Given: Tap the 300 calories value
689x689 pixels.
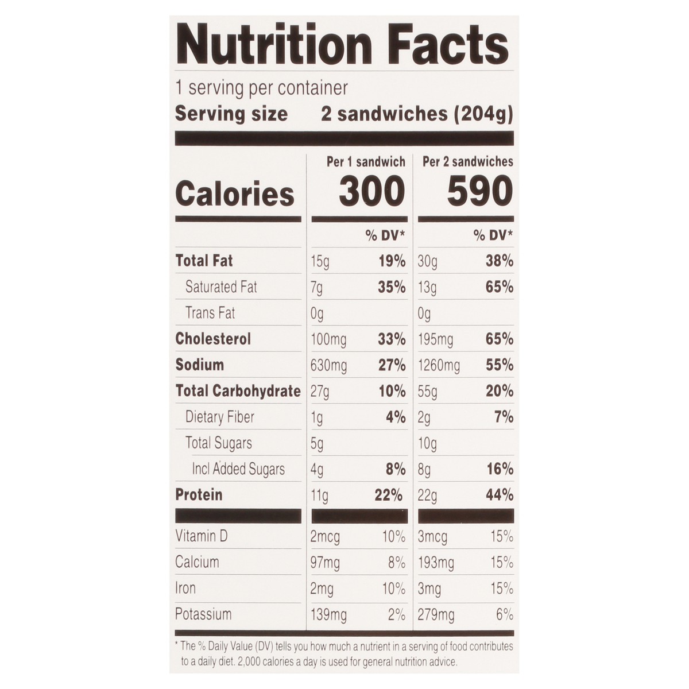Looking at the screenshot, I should click(371, 192).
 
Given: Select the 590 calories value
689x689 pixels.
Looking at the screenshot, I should click(479, 192).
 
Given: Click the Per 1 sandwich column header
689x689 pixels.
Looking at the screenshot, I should click(366, 162).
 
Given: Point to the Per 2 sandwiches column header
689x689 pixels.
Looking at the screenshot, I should click(467, 162).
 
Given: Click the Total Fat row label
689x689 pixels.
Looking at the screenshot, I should click(204, 261).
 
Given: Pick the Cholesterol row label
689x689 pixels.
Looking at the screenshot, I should click(213, 339).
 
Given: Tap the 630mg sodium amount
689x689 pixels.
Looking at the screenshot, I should click(328, 365).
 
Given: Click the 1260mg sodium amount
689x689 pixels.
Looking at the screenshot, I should click(439, 365).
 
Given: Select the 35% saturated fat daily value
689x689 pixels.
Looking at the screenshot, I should click(392, 287).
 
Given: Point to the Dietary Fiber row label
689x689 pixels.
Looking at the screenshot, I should click(219, 417).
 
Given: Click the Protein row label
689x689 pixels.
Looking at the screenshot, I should click(199, 494).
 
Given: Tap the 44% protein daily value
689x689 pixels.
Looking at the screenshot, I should click(499, 495).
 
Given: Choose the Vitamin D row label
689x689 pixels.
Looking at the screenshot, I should click(202, 536).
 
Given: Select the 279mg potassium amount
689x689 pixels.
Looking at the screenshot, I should click(436, 615).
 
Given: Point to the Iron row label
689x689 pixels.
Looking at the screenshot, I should click(185, 589).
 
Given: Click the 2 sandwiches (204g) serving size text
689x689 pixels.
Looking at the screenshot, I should click(416, 114).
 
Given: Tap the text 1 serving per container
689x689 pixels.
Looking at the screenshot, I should click(261, 88).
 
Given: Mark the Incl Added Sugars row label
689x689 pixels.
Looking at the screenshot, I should click(238, 469).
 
